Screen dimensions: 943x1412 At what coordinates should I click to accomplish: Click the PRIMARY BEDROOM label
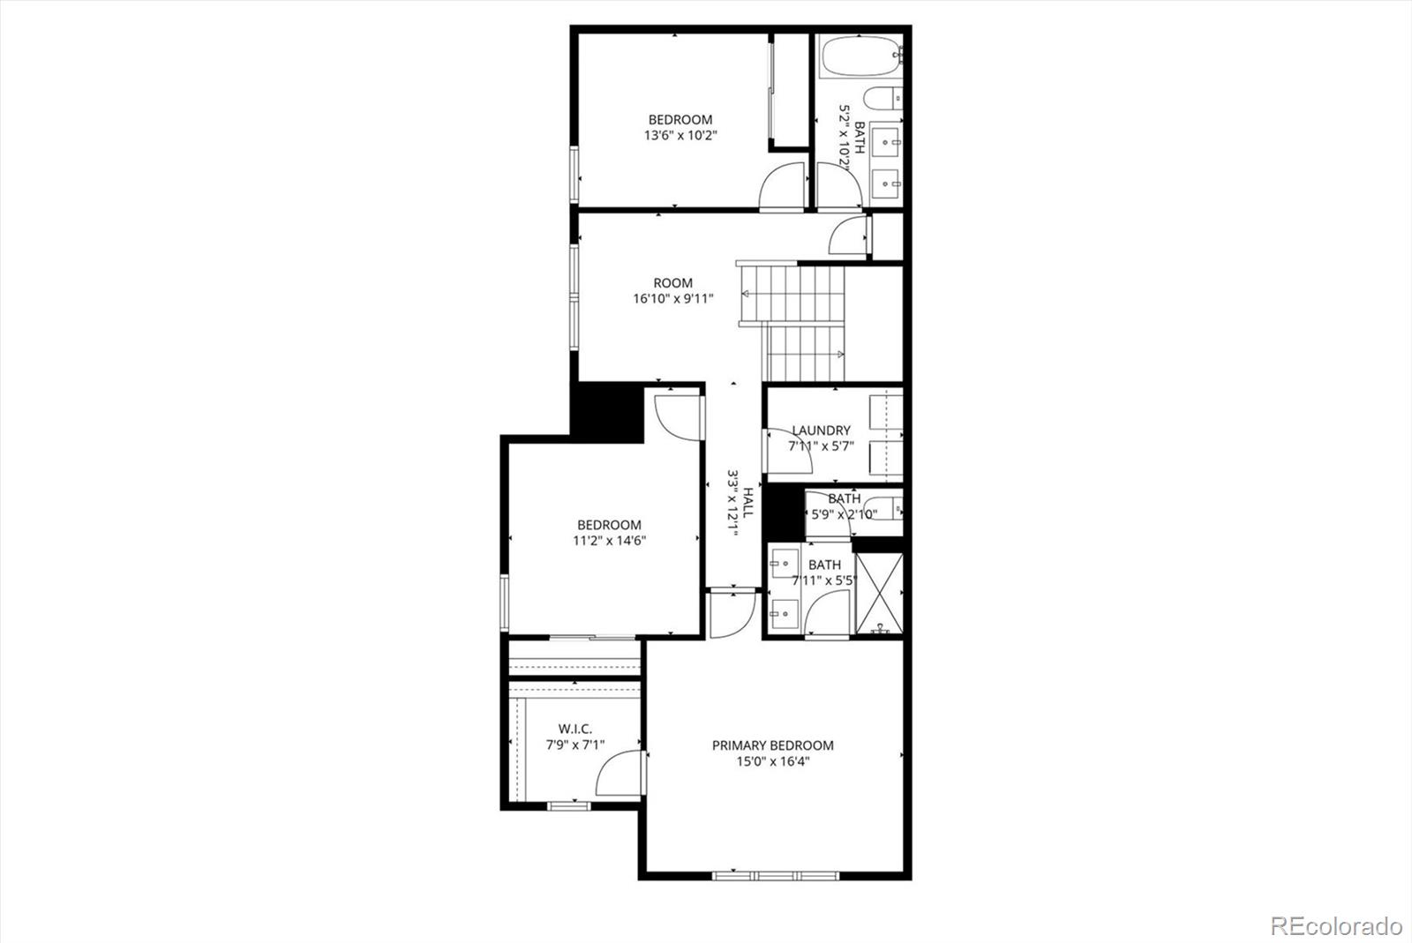click(x=772, y=745)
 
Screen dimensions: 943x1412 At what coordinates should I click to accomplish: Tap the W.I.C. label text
click(x=575, y=729)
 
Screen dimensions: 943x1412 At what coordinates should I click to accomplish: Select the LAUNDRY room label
click(x=821, y=430)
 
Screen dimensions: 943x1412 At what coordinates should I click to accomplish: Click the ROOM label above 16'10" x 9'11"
click(x=672, y=283)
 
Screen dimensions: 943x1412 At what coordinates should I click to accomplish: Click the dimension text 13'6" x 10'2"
click(x=680, y=136)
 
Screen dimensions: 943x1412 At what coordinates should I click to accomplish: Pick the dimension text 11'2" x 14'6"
click(x=609, y=541)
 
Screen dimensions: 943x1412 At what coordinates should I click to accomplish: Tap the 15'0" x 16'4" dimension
click(x=773, y=761)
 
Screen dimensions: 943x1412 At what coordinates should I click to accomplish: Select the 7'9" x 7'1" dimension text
click(x=575, y=745)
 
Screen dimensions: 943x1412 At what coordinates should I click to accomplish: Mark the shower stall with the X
click(x=879, y=593)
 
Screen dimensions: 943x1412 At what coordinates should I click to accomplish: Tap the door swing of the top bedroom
click(x=783, y=187)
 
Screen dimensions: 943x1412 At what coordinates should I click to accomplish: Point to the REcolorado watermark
click(x=1335, y=925)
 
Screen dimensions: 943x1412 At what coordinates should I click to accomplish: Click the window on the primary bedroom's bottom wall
click(x=775, y=876)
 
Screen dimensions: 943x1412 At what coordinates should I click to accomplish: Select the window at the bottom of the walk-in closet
click(x=569, y=805)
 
